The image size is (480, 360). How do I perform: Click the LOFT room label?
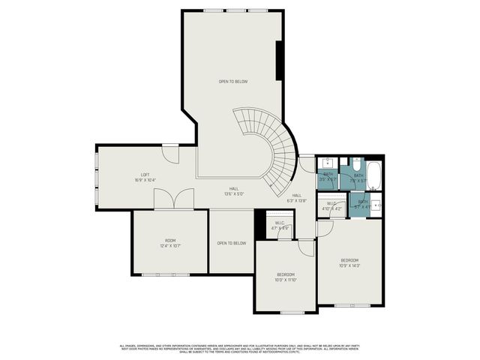point(145,178)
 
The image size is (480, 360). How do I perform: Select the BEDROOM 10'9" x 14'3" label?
point(350,262)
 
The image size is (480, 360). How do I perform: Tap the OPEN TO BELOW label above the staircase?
point(232,81)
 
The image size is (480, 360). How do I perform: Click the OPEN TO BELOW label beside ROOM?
point(231,243)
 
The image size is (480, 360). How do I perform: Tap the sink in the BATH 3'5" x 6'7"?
point(328,163)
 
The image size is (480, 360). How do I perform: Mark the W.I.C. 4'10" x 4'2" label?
point(331,204)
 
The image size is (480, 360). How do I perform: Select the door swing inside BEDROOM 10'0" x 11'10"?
point(305,248)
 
